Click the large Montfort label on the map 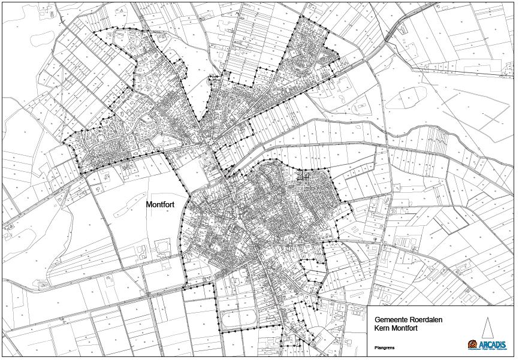[160, 204]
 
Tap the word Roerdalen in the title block [426, 320]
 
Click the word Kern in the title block [382, 329]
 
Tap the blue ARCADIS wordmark [493, 344]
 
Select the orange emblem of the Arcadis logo [473, 344]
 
